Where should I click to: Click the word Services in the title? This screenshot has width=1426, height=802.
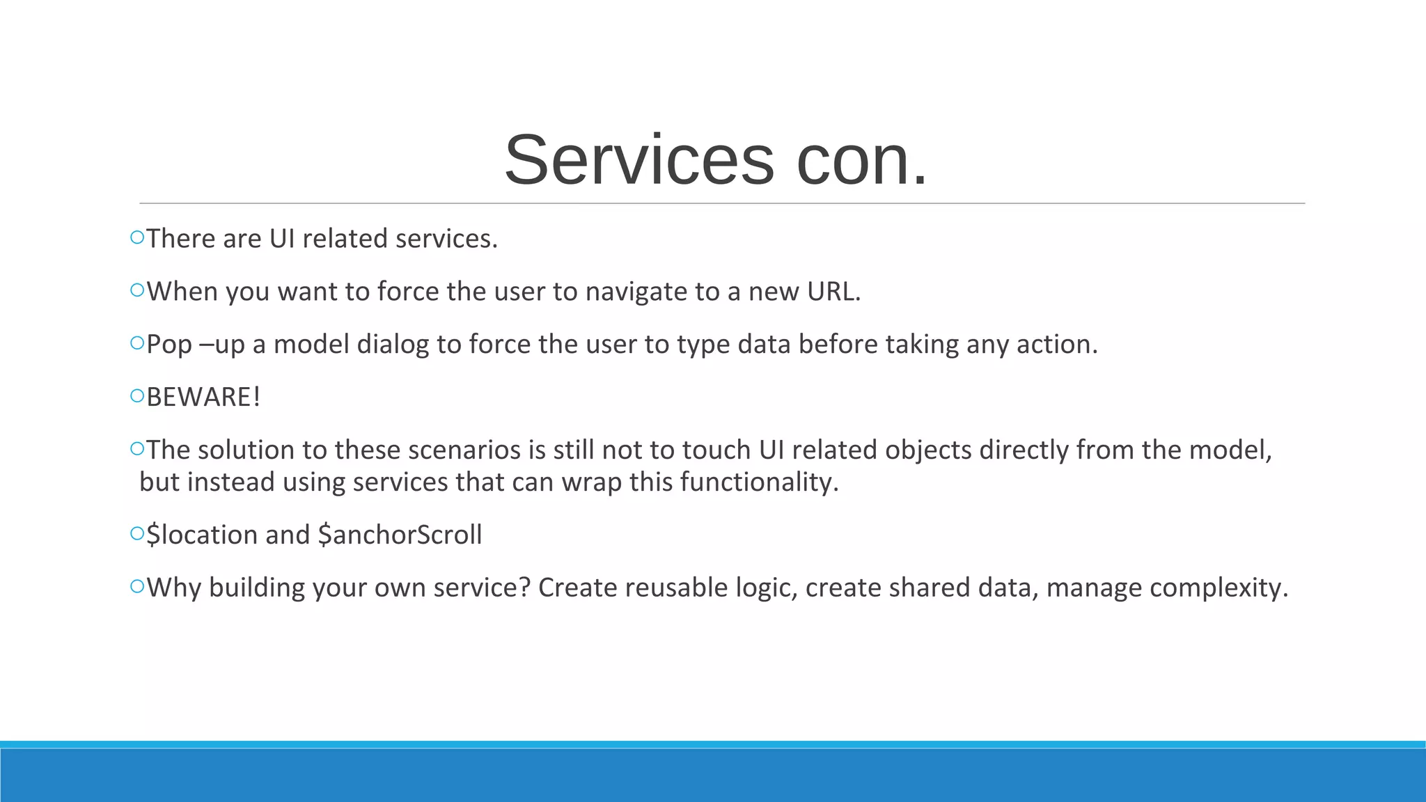click(x=638, y=161)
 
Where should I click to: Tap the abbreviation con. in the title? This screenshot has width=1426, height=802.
click(x=862, y=161)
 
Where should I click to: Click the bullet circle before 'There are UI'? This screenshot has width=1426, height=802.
click(x=136, y=238)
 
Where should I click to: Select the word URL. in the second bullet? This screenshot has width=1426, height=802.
click(x=833, y=292)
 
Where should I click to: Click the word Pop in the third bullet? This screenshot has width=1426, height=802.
click(x=169, y=345)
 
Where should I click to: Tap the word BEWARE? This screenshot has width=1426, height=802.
click(x=203, y=398)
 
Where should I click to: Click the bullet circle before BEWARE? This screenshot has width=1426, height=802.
click(x=136, y=397)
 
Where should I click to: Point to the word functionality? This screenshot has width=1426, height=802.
click(x=759, y=482)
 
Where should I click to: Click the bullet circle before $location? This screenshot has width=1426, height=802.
click(x=136, y=535)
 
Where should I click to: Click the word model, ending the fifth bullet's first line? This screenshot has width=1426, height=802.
click(x=1230, y=450)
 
